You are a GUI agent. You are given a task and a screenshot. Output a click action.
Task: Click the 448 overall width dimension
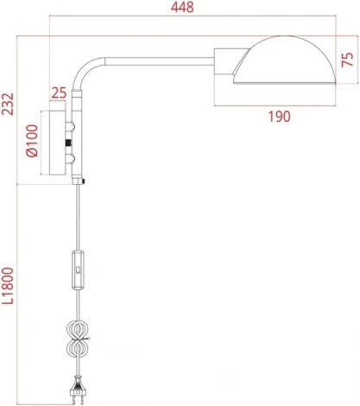181,8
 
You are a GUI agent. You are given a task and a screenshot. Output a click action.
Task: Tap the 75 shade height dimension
347,59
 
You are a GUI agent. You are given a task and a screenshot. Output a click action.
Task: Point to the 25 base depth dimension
60,92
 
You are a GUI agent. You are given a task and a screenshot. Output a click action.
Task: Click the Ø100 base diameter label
32,141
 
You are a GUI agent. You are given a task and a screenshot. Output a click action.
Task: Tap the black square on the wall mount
67,142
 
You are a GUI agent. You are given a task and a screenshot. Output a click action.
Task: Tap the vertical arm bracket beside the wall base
76,138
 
